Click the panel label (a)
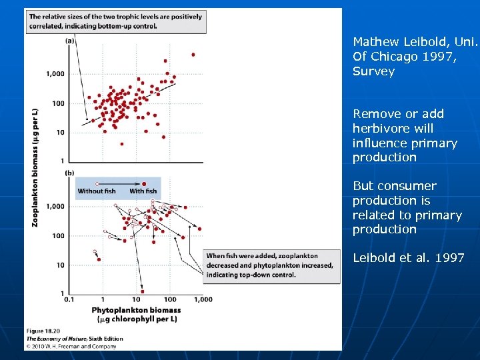[x=69, y=41]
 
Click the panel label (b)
[x=69, y=173]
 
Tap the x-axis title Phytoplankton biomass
[x=136, y=310]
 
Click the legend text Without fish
[x=97, y=191]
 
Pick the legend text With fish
[x=142, y=191]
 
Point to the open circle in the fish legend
[x=97, y=183]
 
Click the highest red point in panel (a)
[x=193, y=55]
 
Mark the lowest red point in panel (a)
[x=122, y=143]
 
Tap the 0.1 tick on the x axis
[x=69, y=300]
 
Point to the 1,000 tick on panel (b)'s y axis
[x=55, y=207]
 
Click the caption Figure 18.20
[x=43, y=331]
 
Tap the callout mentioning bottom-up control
[x=115, y=21]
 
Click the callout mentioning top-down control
[x=269, y=265]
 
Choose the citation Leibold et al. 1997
[x=408, y=258]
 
